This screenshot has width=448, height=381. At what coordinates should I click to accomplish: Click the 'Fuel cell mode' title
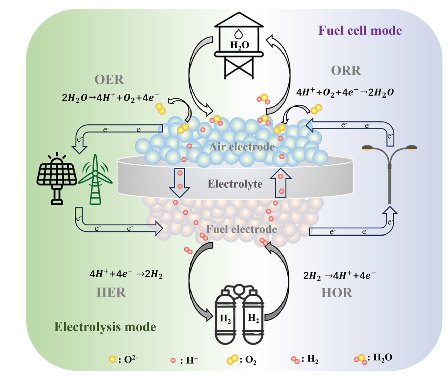(x=360, y=30)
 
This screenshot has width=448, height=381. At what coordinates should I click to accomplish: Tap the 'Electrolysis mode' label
(x=105, y=326)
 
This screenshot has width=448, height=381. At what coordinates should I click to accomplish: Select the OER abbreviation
(x=109, y=80)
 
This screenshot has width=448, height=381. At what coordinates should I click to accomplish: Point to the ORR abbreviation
(x=345, y=70)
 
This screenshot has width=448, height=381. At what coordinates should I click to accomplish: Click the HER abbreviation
(x=111, y=292)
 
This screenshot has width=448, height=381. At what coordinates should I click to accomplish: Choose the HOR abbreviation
(x=336, y=292)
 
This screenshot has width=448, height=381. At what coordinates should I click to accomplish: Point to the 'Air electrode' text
(x=242, y=147)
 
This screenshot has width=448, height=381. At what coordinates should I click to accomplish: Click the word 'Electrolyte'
(x=235, y=184)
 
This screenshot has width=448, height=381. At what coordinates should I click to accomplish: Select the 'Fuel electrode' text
(x=242, y=229)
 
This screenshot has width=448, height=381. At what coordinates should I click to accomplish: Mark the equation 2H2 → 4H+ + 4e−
(x=339, y=275)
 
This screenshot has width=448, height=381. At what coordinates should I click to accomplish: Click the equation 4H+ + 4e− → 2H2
(x=126, y=274)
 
